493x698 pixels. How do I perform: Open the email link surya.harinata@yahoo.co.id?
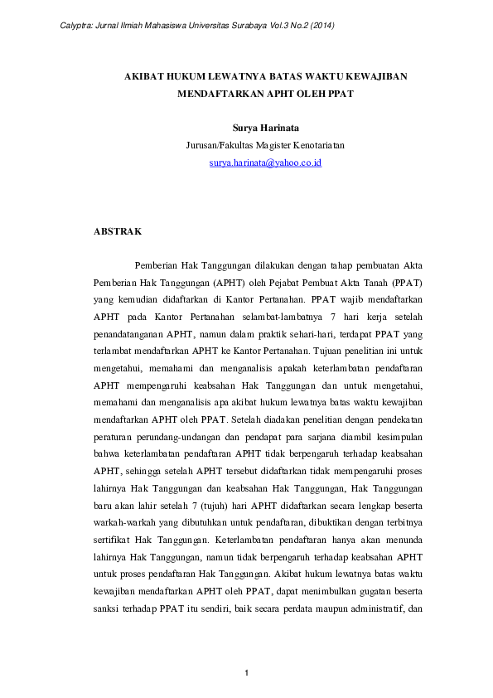click(x=265, y=163)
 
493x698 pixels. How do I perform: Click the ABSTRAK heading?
click(x=118, y=230)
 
